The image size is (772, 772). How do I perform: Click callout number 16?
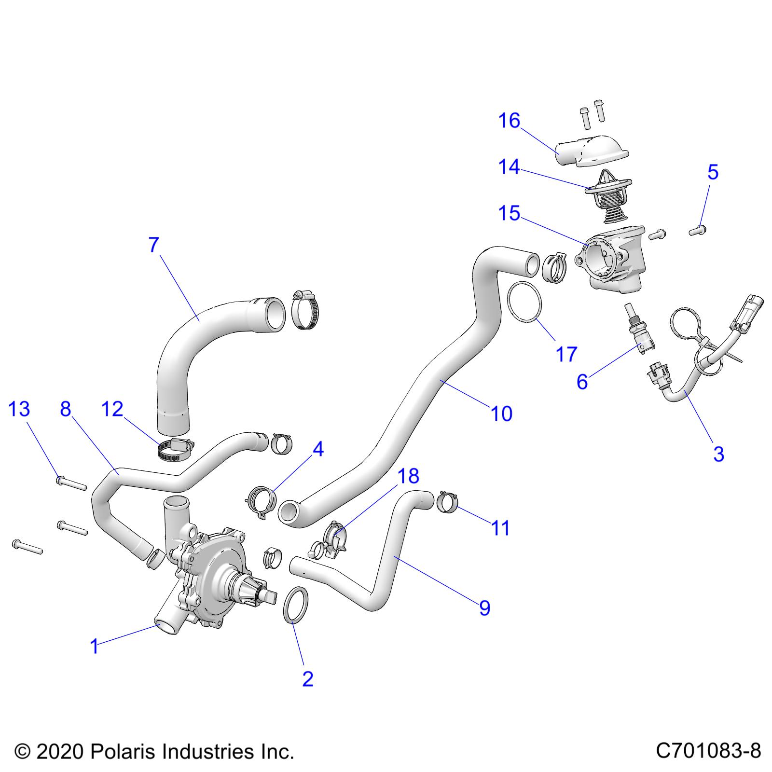(x=509, y=121)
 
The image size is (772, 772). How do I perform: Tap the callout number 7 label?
(x=153, y=245)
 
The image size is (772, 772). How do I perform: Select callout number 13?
(x=19, y=409)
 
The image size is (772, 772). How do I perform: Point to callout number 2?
(x=307, y=679)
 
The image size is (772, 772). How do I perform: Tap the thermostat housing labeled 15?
(x=610, y=261)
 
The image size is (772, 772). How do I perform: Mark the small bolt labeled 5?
(x=696, y=232)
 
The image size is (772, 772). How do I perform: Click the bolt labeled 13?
(x=72, y=483)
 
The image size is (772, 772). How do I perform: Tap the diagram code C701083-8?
(x=708, y=751)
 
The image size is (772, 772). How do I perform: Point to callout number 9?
(x=484, y=608)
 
